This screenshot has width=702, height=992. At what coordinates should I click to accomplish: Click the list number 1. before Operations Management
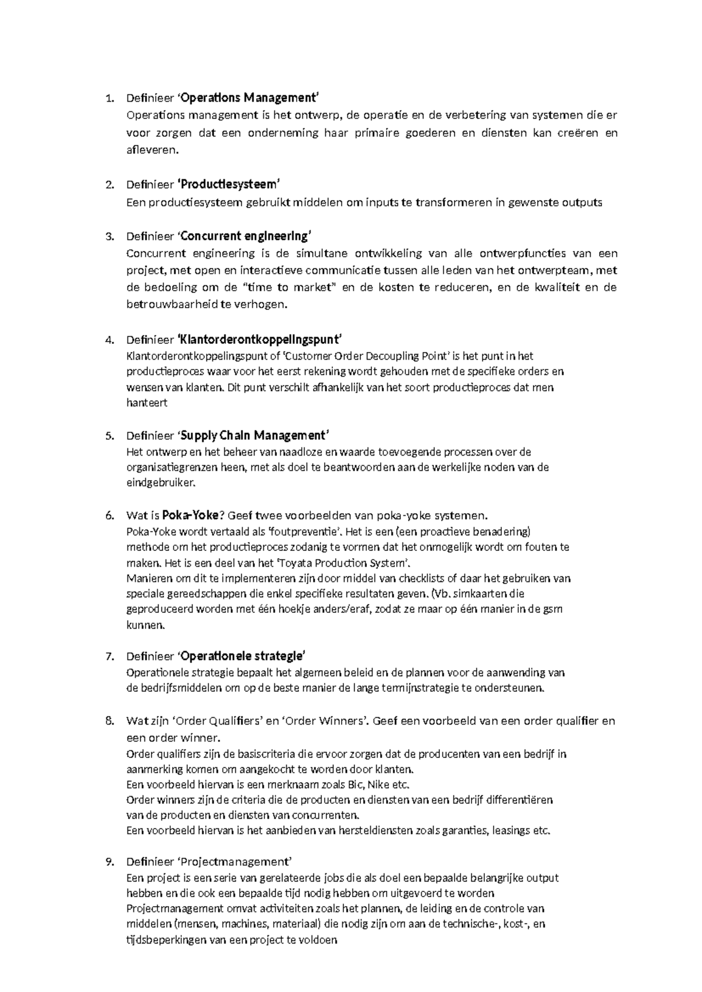tap(109, 98)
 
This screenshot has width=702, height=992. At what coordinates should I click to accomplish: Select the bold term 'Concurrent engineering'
tap(245, 236)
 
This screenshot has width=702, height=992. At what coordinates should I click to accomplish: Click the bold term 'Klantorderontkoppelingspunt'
tap(259, 340)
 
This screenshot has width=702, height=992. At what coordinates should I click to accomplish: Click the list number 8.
tap(109, 721)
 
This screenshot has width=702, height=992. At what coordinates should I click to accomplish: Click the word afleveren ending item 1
tap(150, 150)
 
